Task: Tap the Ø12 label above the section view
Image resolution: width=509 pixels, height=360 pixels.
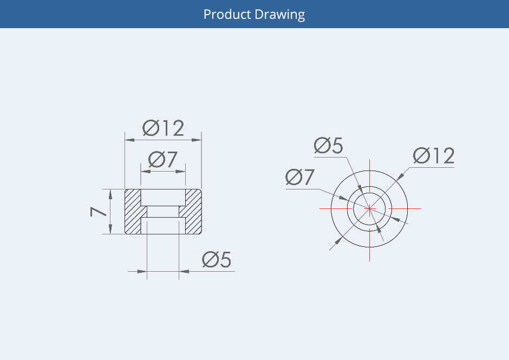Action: click(x=164, y=128)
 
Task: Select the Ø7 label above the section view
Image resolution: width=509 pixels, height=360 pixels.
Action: click(x=164, y=160)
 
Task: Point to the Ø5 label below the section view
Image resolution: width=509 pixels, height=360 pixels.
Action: click(x=217, y=260)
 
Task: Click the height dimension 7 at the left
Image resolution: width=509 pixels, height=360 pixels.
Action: click(x=99, y=211)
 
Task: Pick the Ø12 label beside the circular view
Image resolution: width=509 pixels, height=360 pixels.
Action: click(x=433, y=156)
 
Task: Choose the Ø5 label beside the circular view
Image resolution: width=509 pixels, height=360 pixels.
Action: click(x=329, y=146)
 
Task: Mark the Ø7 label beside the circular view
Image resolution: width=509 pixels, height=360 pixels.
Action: click(x=300, y=177)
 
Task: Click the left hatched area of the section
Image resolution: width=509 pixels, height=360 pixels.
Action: click(x=133, y=212)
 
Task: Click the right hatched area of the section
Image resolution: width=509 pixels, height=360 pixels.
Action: click(x=193, y=212)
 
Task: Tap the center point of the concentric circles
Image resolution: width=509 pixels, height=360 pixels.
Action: click(x=369, y=208)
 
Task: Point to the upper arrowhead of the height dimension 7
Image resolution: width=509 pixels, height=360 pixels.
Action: click(x=110, y=193)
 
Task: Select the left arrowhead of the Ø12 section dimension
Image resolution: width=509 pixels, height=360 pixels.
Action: click(x=129, y=140)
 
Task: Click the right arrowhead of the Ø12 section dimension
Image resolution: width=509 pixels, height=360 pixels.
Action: click(x=198, y=140)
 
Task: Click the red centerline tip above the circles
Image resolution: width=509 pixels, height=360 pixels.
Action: click(x=369, y=161)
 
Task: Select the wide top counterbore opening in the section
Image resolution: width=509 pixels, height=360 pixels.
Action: click(x=164, y=197)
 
